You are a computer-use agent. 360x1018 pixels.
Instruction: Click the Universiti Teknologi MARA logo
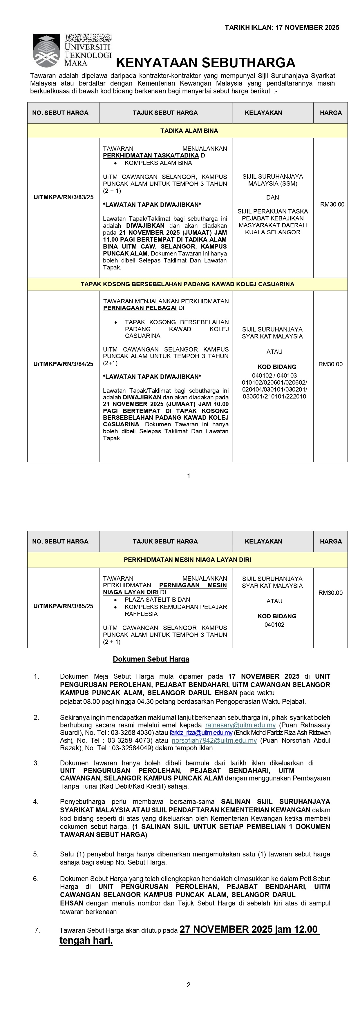coord(72,50)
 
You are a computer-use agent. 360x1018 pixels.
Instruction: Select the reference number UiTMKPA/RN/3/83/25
coord(64,197)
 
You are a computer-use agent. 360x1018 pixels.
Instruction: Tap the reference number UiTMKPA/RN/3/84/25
coord(63,364)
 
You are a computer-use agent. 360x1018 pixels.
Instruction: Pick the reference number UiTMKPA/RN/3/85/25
coord(63,606)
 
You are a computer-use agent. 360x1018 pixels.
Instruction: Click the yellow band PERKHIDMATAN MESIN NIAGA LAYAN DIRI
coord(187,559)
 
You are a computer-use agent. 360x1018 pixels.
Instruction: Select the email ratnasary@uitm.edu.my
coord(240,725)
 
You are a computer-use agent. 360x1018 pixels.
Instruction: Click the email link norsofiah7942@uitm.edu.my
coord(214,740)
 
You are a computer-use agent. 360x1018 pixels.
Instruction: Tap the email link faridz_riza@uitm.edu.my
coord(201,733)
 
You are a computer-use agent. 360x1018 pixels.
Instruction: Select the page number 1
coord(189,476)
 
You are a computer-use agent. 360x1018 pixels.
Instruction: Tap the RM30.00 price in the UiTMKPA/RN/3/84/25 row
coord(330,364)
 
